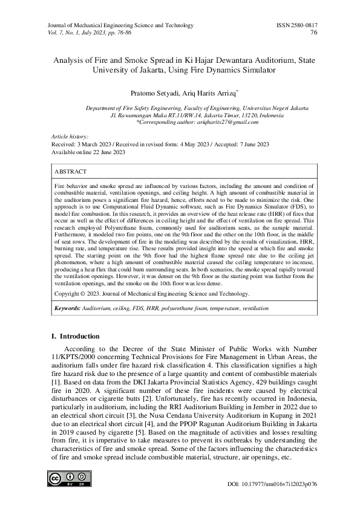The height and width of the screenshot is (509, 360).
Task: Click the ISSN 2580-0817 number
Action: point(296,25)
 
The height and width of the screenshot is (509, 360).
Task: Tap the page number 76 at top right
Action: point(313,33)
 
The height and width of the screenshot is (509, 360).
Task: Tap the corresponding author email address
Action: point(227,122)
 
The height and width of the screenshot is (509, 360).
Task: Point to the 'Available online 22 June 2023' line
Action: point(88,152)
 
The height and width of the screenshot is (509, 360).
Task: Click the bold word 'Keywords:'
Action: point(67,308)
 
